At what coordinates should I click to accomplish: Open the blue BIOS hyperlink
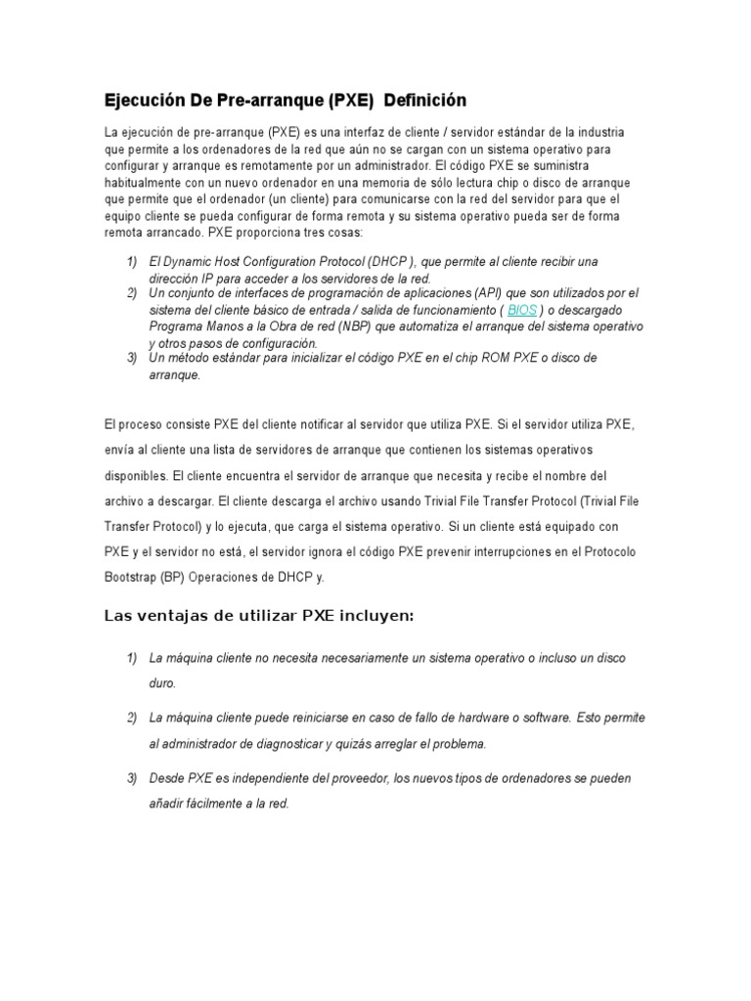522,310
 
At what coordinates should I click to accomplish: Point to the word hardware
464,718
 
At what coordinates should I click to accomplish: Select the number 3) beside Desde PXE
132,779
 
